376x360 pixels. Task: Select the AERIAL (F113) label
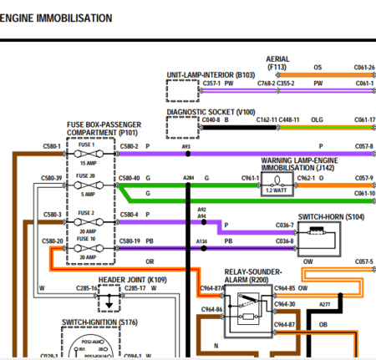(x=277, y=63)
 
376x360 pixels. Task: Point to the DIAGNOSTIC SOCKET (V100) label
(x=211, y=111)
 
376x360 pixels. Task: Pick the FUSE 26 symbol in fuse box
(x=87, y=184)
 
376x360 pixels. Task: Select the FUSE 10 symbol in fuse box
(x=87, y=247)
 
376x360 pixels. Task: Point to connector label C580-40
(x=130, y=178)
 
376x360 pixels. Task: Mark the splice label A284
(x=188, y=178)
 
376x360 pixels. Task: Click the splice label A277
(x=325, y=305)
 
